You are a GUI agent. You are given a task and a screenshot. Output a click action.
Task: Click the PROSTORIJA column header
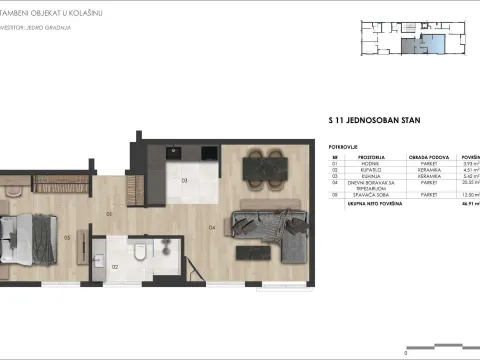(362, 158)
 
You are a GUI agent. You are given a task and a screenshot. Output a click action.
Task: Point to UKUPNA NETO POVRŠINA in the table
(374, 203)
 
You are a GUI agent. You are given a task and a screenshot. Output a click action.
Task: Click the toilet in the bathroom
(143, 251)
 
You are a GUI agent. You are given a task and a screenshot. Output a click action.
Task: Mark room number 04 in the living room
(212, 227)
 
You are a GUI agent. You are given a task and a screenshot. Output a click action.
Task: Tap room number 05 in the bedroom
(66, 237)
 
